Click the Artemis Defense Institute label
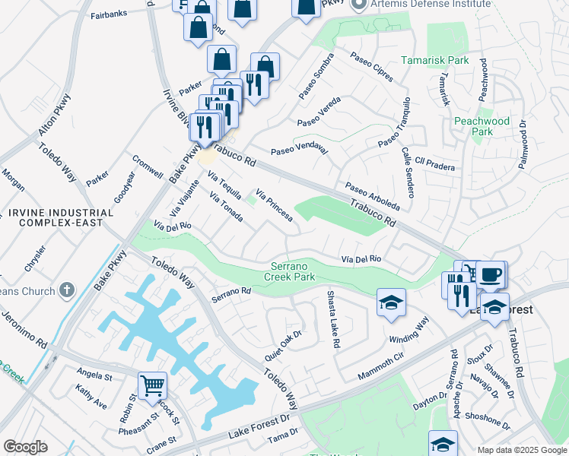coord(431,5)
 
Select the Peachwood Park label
coord(482,126)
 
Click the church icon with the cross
coord(67,290)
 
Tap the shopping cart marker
coord(152,386)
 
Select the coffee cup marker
coord(491,274)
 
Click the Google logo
coord(25,446)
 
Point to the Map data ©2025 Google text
coord(521,450)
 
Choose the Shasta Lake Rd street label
coord(332,319)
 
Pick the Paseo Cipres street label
coord(371,67)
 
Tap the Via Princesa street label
coord(275,205)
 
